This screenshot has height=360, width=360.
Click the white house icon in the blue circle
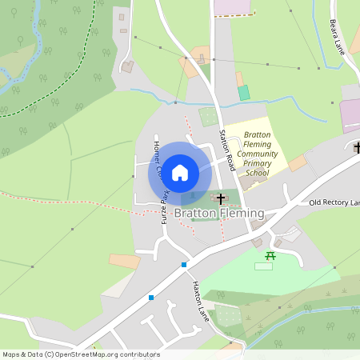click(180, 172)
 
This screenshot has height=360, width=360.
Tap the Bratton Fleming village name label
click(218, 214)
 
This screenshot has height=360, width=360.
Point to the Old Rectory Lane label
click(334, 203)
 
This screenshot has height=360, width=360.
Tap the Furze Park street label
click(166, 206)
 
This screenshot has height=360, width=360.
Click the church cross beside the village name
click(221, 197)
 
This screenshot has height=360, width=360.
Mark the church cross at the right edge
click(357, 147)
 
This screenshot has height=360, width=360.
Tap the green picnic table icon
click(270, 256)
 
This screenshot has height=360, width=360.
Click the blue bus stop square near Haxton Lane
click(184, 264)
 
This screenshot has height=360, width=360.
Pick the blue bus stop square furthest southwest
click(150, 298)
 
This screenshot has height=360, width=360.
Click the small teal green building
click(244, 93)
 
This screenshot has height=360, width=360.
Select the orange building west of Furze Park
click(124, 261)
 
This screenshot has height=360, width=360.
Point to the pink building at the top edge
click(233, 6)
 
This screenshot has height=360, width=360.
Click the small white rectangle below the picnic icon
click(263, 266)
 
